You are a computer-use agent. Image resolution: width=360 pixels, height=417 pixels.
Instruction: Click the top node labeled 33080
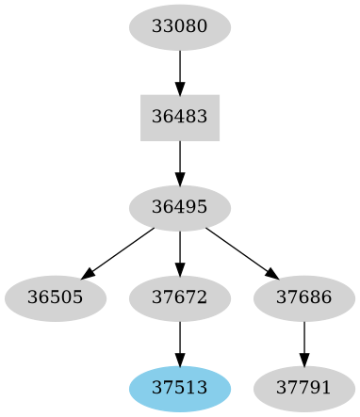pyautogui.click(x=179, y=27)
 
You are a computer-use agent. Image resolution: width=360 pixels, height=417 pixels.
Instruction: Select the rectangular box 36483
pyautogui.click(x=179, y=118)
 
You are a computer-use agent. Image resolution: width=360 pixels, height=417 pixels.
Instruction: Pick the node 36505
pyautogui.click(x=55, y=298)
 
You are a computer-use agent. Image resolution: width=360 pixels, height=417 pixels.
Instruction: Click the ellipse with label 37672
pyautogui.click(x=179, y=298)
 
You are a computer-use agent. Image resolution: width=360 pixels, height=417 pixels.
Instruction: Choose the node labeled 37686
pyautogui.click(x=303, y=298)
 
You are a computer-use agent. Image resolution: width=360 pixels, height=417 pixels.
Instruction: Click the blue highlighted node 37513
pyautogui.click(x=179, y=389)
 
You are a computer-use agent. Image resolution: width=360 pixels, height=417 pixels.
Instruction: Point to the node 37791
pyautogui.click(x=303, y=389)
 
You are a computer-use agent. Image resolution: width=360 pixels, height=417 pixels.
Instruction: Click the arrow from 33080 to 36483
pyautogui.click(x=179, y=72)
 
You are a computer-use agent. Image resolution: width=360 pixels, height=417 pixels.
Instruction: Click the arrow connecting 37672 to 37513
pyautogui.click(x=179, y=343)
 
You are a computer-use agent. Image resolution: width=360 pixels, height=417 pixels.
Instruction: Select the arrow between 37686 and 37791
pyautogui.click(x=303, y=343)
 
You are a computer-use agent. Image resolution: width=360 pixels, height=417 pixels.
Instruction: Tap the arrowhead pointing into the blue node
pyautogui.click(x=179, y=359)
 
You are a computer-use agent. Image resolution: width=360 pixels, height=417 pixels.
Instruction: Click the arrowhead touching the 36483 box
pyautogui.click(x=179, y=88)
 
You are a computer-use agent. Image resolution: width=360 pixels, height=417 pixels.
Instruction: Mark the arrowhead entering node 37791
pyautogui.click(x=303, y=359)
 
